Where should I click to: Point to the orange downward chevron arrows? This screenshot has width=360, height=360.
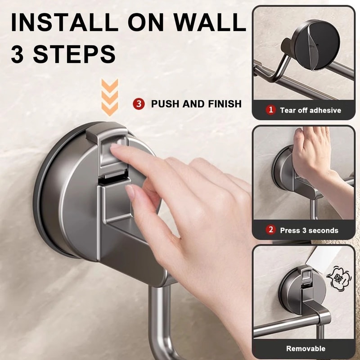click(x=109, y=97)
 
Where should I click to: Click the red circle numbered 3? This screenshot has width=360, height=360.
click(x=139, y=104)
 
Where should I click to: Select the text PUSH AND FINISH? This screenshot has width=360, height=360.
click(x=196, y=104)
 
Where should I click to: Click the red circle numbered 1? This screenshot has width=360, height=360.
click(x=271, y=110)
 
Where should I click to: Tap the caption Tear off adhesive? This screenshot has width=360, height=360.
click(x=310, y=110)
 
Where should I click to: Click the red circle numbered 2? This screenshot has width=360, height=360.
click(x=270, y=230)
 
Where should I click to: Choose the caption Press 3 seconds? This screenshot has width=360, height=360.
click(x=309, y=230)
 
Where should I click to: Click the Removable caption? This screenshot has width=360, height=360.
click(x=306, y=348)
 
